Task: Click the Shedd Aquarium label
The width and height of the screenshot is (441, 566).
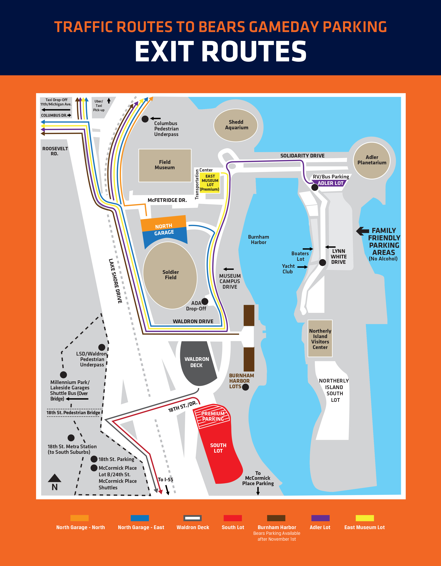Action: pyautogui.click(x=236, y=125)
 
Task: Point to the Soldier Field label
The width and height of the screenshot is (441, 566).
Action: pyautogui.click(x=171, y=275)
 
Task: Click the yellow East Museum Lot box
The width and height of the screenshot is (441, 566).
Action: pyautogui.click(x=210, y=183)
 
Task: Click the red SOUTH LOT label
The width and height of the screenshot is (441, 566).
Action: pyautogui.click(x=218, y=448)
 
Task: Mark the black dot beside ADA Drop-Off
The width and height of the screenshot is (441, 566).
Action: pyautogui.click(x=205, y=301)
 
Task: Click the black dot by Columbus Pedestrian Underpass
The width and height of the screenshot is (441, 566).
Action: pyautogui.click(x=145, y=119)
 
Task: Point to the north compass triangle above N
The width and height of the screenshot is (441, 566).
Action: pyautogui.click(x=54, y=478)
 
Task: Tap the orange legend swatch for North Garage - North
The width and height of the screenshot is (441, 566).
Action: pyautogui.click(x=79, y=518)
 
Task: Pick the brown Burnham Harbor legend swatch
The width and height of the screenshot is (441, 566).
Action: pyautogui.click(x=276, y=518)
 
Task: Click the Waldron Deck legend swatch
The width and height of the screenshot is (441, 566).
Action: pyautogui.click(x=192, y=518)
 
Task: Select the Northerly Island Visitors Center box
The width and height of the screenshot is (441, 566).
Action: pyautogui.click(x=320, y=338)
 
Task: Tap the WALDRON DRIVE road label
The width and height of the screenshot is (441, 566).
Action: pyautogui.click(x=193, y=321)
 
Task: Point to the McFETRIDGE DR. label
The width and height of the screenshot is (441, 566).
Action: pyautogui.click(x=167, y=200)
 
